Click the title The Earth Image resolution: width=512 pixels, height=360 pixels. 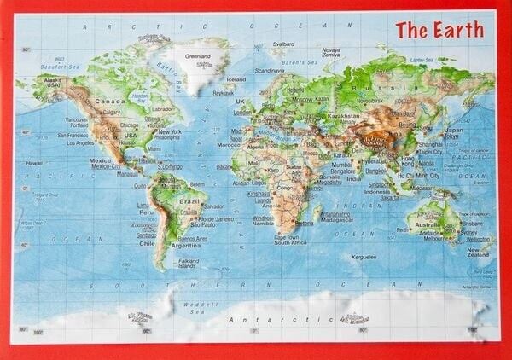[439, 30]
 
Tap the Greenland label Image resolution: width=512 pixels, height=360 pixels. [198, 56]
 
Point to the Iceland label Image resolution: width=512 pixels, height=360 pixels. [236, 79]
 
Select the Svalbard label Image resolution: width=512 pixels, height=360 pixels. [283, 44]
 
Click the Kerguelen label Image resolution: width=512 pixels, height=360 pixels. [363, 257]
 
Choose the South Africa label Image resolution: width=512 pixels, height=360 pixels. [290, 242]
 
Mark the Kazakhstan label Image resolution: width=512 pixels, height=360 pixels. [343, 115]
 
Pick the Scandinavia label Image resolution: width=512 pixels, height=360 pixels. [270, 70]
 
